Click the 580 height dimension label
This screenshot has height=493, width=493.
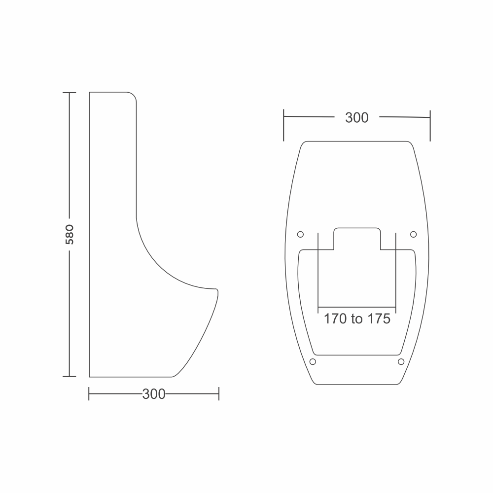(70, 235)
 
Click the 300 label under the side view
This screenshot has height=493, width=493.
(154, 394)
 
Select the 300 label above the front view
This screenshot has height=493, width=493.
(357, 118)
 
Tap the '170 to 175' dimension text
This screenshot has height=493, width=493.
(357, 319)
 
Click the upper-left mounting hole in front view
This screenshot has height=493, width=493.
(300, 234)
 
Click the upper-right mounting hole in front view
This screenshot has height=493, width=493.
(414, 234)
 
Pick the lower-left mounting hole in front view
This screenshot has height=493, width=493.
(313, 361)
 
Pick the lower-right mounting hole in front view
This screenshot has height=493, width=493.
(401, 361)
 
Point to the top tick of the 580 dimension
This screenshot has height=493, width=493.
(69, 93)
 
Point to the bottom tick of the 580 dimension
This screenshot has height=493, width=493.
(69, 376)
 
